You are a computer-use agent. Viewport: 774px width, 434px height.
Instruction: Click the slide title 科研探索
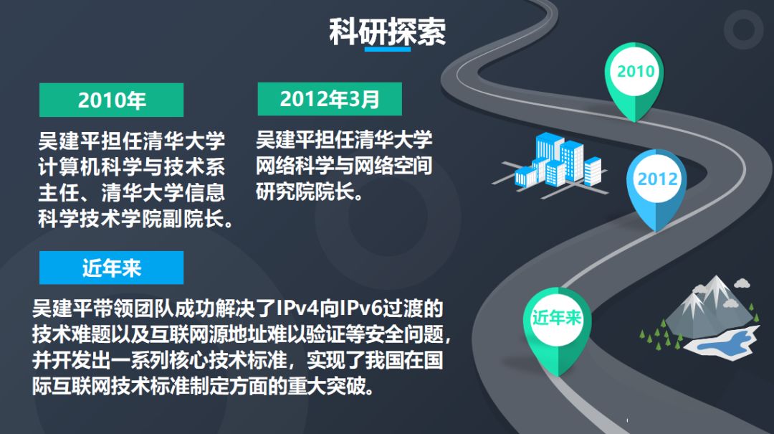[388, 32]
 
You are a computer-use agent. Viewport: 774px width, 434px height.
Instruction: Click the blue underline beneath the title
[388, 49]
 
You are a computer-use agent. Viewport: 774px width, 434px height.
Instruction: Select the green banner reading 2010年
[112, 100]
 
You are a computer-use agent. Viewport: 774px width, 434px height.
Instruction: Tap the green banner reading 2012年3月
[330, 99]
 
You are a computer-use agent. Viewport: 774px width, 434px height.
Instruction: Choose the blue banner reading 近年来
[112, 268]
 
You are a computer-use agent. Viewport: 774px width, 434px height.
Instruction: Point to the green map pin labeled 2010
[635, 79]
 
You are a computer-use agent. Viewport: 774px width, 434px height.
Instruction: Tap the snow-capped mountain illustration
[711, 306]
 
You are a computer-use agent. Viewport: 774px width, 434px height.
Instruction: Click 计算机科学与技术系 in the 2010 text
[132, 166]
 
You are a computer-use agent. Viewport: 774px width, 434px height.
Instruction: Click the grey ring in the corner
[743, 29]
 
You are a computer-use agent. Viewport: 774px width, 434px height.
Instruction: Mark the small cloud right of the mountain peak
[742, 283]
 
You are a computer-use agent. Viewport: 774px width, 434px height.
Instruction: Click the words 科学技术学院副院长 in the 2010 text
[132, 219]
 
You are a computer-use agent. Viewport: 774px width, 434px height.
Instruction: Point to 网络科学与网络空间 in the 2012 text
[344, 166]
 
